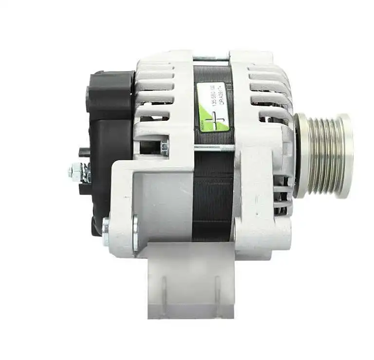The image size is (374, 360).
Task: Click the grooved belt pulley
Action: point(319,155)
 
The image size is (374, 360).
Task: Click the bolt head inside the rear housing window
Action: point(164,147)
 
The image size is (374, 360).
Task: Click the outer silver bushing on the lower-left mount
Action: point(105,226)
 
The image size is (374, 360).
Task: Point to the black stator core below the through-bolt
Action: point(212,195)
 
